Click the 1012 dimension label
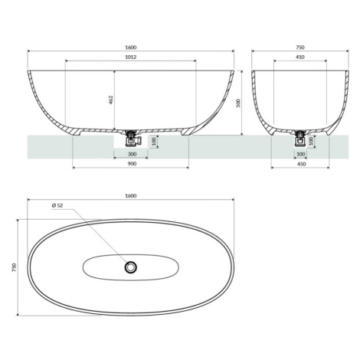click(x=131, y=57)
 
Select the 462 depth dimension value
click(x=111, y=100)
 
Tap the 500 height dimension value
click(x=239, y=103)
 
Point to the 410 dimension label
click(x=300, y=57)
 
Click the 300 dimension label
click(x=132, y=154)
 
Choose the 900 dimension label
click(x=132, y=164)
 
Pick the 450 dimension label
click(x=302, y=164)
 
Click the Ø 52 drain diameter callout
click(x=57, y=205)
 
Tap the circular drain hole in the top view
click(x=131, y=267)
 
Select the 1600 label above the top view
click(x=131, y=196)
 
